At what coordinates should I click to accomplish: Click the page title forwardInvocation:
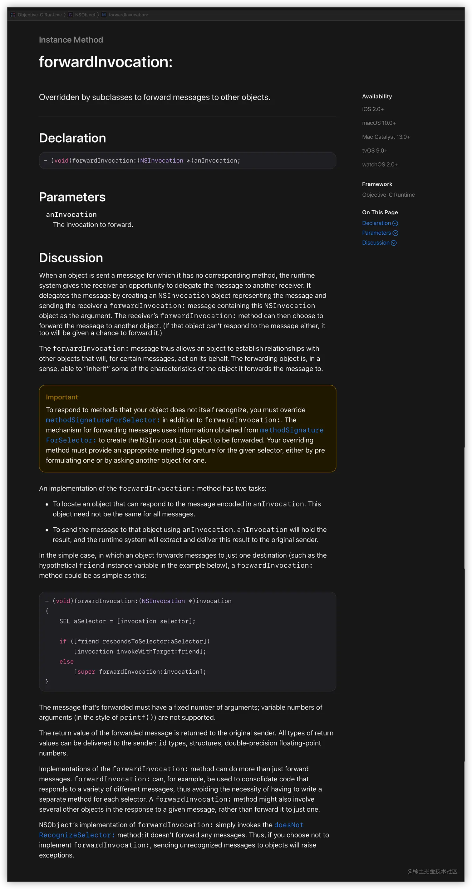pos(105,62)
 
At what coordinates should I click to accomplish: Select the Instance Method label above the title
pos(71,40)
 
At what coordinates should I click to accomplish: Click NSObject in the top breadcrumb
pos(85,15)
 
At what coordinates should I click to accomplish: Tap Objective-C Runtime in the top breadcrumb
pos(39,15)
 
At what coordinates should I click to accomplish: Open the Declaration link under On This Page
pos(376,223)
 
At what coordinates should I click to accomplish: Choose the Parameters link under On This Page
pos(376,233)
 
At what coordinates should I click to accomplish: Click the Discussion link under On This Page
pos(376,243)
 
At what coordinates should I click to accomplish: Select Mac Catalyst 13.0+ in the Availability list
pos(386,137)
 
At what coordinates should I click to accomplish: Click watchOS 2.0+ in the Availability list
pos(380,165)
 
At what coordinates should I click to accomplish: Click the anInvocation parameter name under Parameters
pos(71,215)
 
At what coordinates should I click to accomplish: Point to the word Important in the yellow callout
pos(62,397)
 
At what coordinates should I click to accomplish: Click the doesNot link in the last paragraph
pos(289,825)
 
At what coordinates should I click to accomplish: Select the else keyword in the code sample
pos(66,662)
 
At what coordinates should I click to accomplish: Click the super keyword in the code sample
pos(86,672)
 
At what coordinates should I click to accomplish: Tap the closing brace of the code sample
pos(47,681)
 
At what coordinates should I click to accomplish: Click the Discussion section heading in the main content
pos(71,258)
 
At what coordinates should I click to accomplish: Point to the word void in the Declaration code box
pos(61,161)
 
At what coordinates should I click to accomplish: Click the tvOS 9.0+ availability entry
pos(374,151)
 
